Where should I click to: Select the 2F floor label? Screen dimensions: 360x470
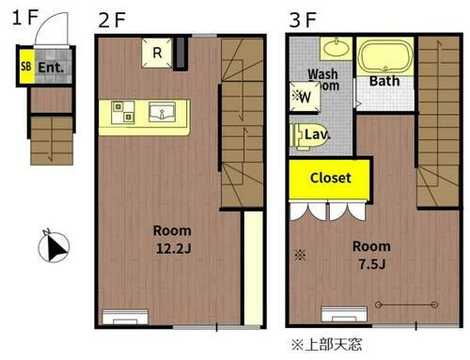pyautogui.click(x=112, y=18)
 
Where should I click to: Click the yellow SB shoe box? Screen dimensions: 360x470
pyautogui.click(x=26, y=68)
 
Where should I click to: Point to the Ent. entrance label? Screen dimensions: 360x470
pyautogui.click(x=50, y=68)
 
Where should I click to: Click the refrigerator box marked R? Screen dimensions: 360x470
pyautogui.click(x=156, y=54)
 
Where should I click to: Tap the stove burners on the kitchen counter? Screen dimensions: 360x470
pyautogui.click(x=119, y=111)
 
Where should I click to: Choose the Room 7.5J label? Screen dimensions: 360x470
pyautogui.click(x=371, y=254)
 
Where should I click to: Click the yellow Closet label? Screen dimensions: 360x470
pyautogui.click(x=330, y=178)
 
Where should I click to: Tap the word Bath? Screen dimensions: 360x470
pyautogui.click(x=384, y=82)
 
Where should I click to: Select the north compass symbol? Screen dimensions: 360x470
pyautogui.click(x=54, y=247)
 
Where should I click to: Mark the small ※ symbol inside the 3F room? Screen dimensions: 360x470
pyautogui.click(x=300, y=254)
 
